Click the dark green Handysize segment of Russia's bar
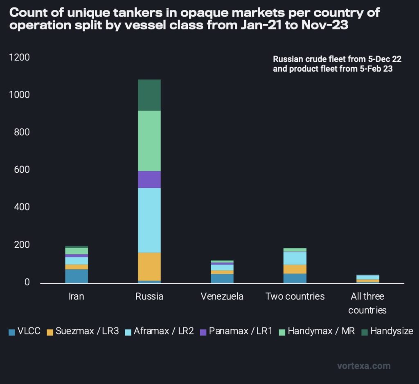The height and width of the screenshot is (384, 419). point(149,95)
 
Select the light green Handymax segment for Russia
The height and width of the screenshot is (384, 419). point(149,141)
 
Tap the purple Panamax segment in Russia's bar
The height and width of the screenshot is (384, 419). point(149,179)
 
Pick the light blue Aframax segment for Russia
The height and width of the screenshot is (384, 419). point(149,220)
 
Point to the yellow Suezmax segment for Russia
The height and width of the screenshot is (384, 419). point(149,267)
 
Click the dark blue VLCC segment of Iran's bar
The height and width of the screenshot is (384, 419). point(77,276)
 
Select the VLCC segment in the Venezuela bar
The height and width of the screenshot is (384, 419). point(222,278)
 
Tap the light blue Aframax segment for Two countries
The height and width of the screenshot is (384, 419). point(295,258)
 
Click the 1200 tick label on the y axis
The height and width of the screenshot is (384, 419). point(19,57)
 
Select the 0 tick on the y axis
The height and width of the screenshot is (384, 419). point(27,282)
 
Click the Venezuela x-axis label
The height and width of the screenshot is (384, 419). point(222,296)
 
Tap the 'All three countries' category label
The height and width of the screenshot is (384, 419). point(367,303)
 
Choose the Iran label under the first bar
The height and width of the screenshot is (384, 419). point(77,296)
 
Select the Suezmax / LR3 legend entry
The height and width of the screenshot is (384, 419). point(82,331)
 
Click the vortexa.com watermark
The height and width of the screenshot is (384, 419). point(364,366)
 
